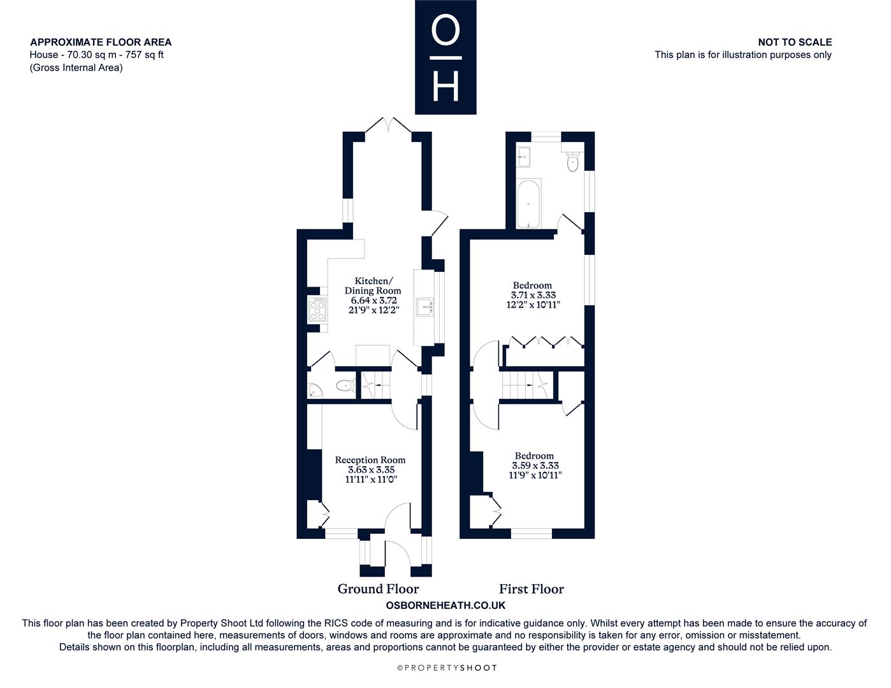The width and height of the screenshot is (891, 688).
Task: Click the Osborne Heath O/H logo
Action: (445, 57)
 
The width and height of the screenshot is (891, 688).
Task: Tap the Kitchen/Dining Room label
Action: (373, 285)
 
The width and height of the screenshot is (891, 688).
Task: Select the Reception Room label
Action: (370, 460)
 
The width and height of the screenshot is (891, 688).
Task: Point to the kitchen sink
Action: (424, 307)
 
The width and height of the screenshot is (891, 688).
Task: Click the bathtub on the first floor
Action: (528, 204)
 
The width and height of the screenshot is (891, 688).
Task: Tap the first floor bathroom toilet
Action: (572, 161)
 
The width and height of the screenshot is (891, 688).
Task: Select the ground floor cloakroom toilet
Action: (345, 385)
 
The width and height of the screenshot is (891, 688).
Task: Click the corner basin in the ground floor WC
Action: (314, 391)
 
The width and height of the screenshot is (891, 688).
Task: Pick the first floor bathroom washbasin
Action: (524, 157)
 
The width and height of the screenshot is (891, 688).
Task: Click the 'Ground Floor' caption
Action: (378, 589)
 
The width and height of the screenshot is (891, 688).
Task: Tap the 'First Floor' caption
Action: (532, 589)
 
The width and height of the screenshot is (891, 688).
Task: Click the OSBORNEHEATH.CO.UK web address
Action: (445, 605)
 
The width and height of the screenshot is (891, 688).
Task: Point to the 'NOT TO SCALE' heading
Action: (795, 42)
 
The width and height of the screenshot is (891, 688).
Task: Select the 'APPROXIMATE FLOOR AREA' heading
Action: (101, 42)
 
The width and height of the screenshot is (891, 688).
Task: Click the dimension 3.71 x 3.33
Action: (533, 295)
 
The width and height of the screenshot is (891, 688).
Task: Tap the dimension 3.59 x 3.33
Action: (535, 466)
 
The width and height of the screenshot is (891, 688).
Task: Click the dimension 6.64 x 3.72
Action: (373, 300)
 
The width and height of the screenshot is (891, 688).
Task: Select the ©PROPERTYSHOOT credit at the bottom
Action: (447, 668)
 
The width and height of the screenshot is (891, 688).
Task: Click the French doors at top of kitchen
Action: (388, 125)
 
